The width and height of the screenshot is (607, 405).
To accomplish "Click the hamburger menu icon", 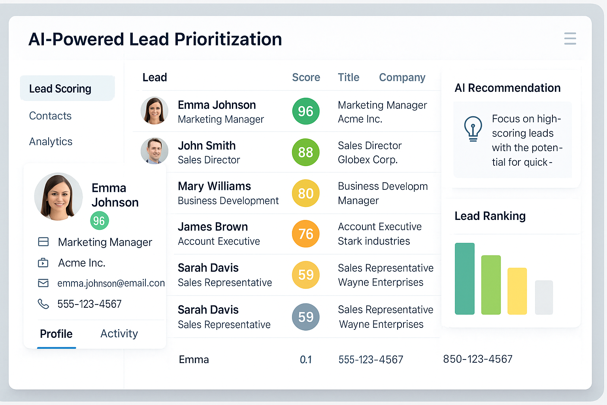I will tap(570, 38).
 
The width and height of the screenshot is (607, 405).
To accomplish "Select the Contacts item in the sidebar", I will tap(50, 116).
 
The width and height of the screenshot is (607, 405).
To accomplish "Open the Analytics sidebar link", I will tap(51, 142).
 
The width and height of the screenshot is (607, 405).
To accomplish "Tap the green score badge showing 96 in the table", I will tap(305, 112).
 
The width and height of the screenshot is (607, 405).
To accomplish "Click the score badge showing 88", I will tap(305, 152).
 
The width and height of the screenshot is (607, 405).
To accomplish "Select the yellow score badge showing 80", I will tap(305, 193).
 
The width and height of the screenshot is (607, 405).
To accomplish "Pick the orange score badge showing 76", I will tap(305, 234).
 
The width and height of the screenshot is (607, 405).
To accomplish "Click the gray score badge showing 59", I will tap(305, 317).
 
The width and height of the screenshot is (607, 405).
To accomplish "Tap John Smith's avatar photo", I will tap(154, 151).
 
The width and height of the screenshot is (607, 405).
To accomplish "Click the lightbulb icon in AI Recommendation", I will tap(473, 128).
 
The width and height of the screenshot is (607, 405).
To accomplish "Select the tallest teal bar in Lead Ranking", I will tap(464, 278).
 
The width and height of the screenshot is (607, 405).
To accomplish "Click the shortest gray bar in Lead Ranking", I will tap(544, 297).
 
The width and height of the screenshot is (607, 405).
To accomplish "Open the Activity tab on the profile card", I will tap(119, 334).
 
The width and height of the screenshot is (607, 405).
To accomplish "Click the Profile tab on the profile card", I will tap(56, 334).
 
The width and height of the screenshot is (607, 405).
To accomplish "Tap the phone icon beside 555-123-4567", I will tap(43, 304).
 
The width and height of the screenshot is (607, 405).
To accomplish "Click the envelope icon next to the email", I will tap(43, 283).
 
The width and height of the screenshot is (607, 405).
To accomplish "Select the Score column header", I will tap(306, 78).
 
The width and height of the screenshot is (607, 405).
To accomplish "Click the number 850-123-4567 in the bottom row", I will tap(477, 359).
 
